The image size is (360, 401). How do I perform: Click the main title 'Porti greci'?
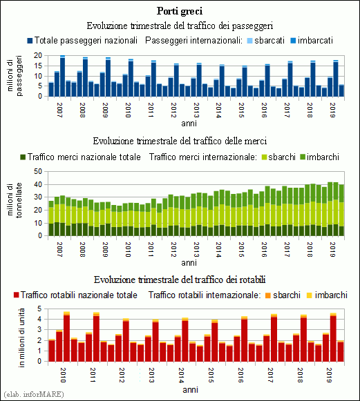(x=180, y=12)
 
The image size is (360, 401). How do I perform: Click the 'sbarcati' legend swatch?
(x=250, y=41)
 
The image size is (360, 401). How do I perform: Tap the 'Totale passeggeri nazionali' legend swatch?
(x=30, y=41)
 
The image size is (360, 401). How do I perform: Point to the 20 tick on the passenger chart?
(x=37, y=55)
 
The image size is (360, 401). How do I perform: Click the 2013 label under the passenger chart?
(x=196, y=110)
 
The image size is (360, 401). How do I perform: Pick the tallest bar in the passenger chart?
(x=62, y=76)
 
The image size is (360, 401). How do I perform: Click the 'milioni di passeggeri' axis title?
(x=15, y=76)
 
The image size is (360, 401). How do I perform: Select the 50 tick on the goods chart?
(x=37, y=171)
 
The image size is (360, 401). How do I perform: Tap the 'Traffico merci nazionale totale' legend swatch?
(x=23, y=157)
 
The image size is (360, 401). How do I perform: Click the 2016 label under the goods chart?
(x=264, y=250)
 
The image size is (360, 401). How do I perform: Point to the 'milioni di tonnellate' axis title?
(x=15, y=200)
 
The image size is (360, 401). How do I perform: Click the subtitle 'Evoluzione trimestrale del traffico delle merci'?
(x=180, y=141)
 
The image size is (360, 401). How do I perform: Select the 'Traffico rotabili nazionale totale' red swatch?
(x=17, y=295)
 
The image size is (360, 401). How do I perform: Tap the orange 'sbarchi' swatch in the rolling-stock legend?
(x=268, y=295)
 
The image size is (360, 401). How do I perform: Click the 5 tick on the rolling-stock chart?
(x=39, y=309)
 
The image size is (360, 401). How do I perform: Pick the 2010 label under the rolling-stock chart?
(x=63, y=375)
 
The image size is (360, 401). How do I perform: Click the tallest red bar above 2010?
(x=66, y=337)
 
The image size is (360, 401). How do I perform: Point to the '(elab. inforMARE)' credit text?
(x=34, y=394)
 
